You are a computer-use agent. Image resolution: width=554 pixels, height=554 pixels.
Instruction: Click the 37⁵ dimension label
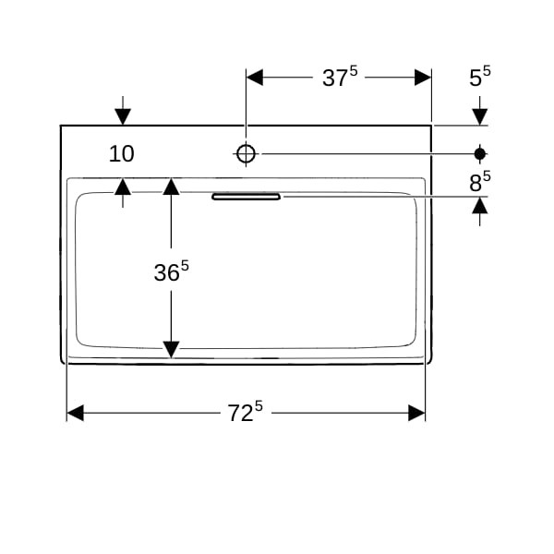pos(340,77)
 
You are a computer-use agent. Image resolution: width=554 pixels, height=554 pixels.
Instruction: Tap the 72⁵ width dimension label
pos(245,412)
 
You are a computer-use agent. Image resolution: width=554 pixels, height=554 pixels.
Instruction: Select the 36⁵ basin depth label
pos(172,271)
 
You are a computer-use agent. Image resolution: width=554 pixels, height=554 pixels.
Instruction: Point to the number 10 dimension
pos(122,153)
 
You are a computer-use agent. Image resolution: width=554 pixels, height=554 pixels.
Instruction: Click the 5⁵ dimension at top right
pos(480,77)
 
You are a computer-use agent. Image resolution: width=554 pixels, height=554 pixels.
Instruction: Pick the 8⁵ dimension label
pos(480,182)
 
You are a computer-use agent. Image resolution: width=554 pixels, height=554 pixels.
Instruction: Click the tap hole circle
pos(246,153)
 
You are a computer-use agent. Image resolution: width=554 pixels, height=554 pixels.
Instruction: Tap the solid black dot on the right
pos(480,153)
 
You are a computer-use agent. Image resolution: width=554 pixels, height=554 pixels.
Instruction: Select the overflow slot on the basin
pos(246,197)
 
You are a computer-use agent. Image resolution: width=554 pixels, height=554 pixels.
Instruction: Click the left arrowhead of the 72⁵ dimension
pos(75,413)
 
